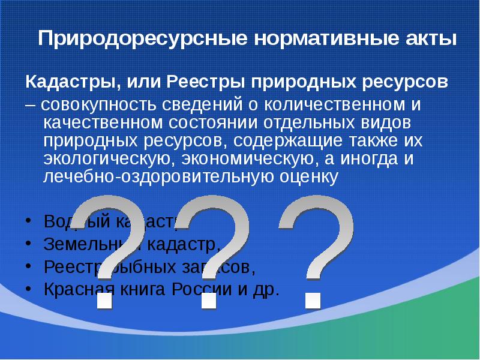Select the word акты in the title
click(429, 40)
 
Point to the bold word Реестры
click(207, 81)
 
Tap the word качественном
click(102, 123)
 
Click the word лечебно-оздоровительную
click(159, 178)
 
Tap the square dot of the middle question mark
click(208, 300)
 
